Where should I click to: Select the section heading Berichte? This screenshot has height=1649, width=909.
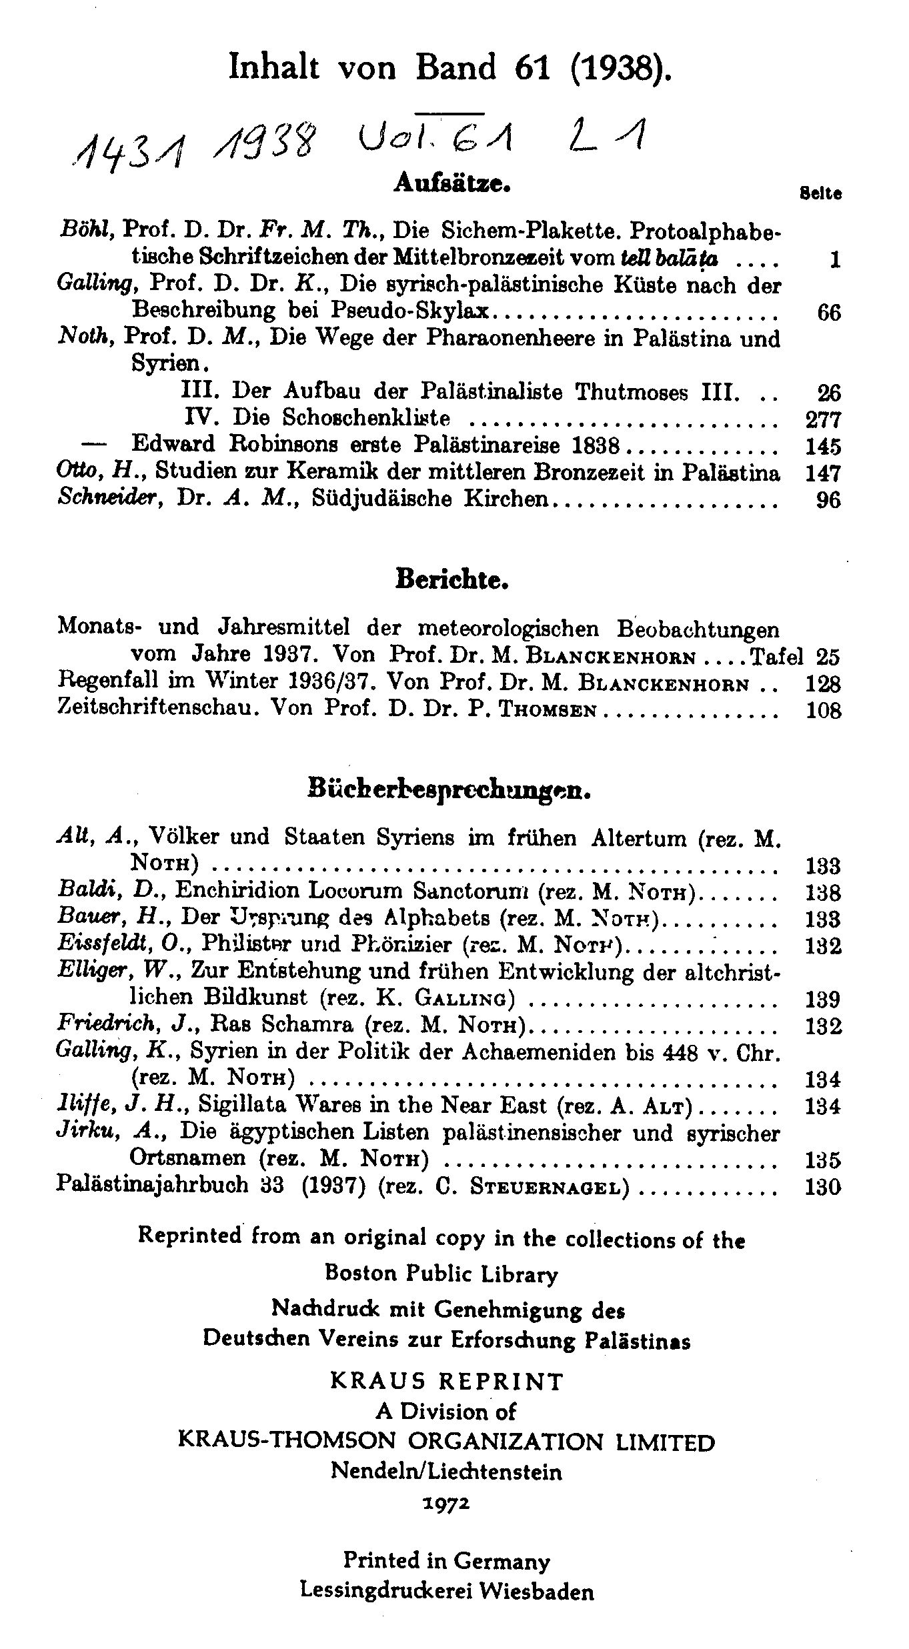[x=452, y=579]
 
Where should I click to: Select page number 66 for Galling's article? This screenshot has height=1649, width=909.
[x=828, y=313]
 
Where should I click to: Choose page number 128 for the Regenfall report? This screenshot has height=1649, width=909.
[x=823, y=684]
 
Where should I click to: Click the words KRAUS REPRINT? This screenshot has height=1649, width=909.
[x=447, y=1381]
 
